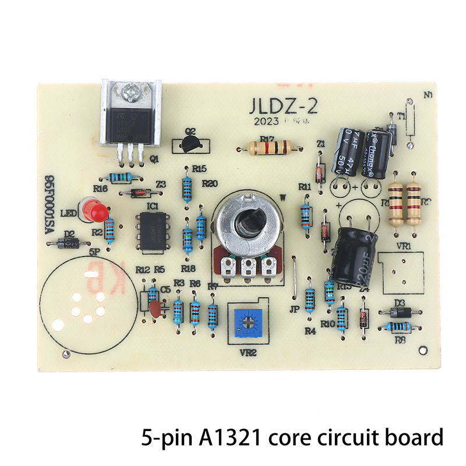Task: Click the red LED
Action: (93, 210)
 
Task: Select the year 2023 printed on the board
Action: (264, 122)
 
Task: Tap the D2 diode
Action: (69, 243)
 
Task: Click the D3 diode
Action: (400, 312)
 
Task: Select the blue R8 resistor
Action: (400, 327)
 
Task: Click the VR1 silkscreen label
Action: (403, 246)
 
